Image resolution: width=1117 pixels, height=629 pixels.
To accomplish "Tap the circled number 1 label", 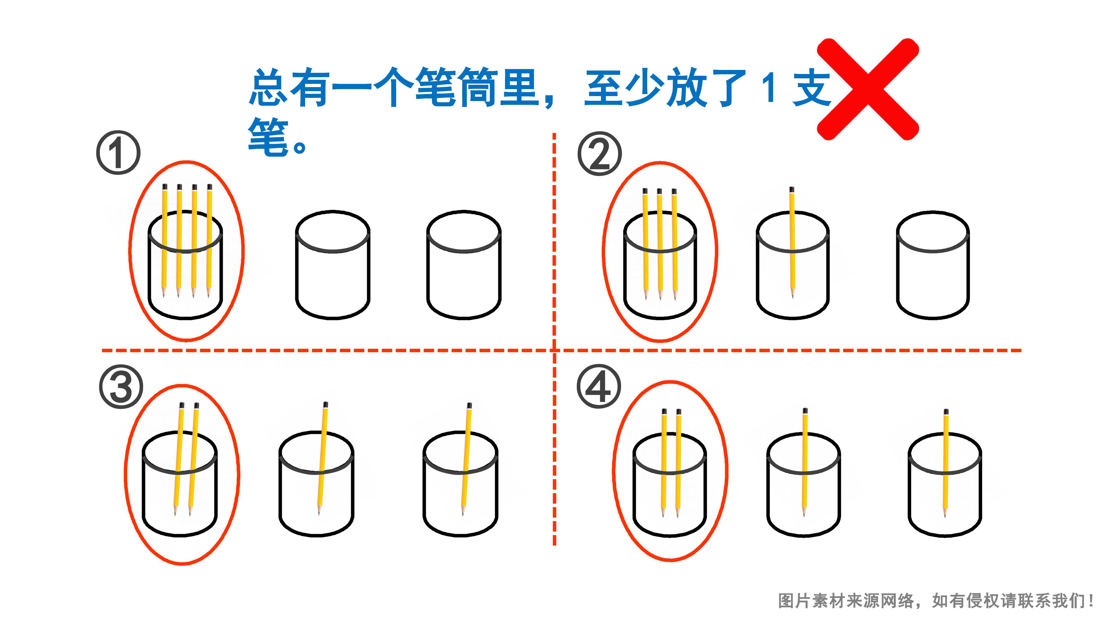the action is (118, 153).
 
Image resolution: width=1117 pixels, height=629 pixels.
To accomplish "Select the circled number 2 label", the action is (600, 154).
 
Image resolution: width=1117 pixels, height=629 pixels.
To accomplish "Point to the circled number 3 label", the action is (121, 386).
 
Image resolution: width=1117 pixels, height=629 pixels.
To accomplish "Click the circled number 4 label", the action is (599, 386).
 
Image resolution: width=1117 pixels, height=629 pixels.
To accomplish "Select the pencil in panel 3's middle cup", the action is (322, 458).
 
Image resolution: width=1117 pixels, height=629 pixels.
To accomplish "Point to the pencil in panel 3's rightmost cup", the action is (466, 459).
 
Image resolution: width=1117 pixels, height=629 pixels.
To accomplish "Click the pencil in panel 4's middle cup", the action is (805, 463).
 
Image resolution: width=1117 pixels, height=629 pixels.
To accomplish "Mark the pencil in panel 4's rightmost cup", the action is (945, 464).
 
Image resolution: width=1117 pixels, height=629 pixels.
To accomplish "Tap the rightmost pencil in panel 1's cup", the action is (209, 241).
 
